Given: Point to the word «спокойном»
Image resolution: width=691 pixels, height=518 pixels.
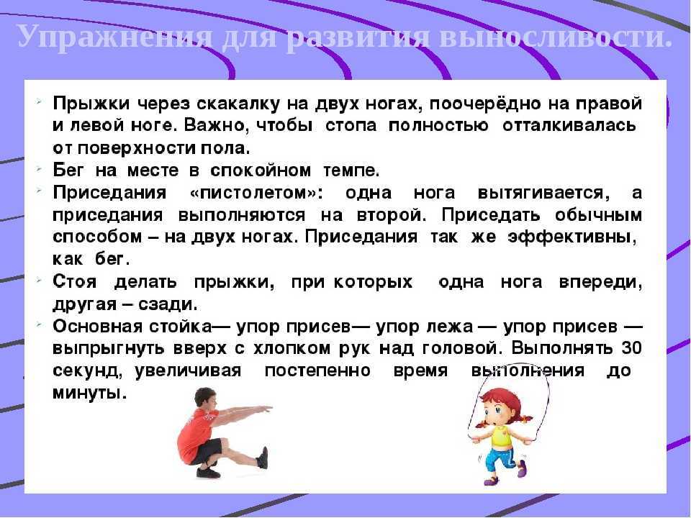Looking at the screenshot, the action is point(261,171).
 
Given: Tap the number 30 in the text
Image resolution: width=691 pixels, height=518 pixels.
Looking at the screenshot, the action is point(631,348).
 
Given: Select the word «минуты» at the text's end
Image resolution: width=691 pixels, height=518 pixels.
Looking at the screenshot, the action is point(89,393).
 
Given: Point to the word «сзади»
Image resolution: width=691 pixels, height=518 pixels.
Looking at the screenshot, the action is point(168,304).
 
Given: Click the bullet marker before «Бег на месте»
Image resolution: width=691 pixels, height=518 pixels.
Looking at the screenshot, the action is point(40,168).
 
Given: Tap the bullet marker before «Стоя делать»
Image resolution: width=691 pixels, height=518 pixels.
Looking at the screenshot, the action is point(40,279).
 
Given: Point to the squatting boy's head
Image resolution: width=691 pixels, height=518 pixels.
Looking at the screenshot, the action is point(205,399).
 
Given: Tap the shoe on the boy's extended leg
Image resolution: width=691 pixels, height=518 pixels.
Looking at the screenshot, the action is point(263,458).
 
